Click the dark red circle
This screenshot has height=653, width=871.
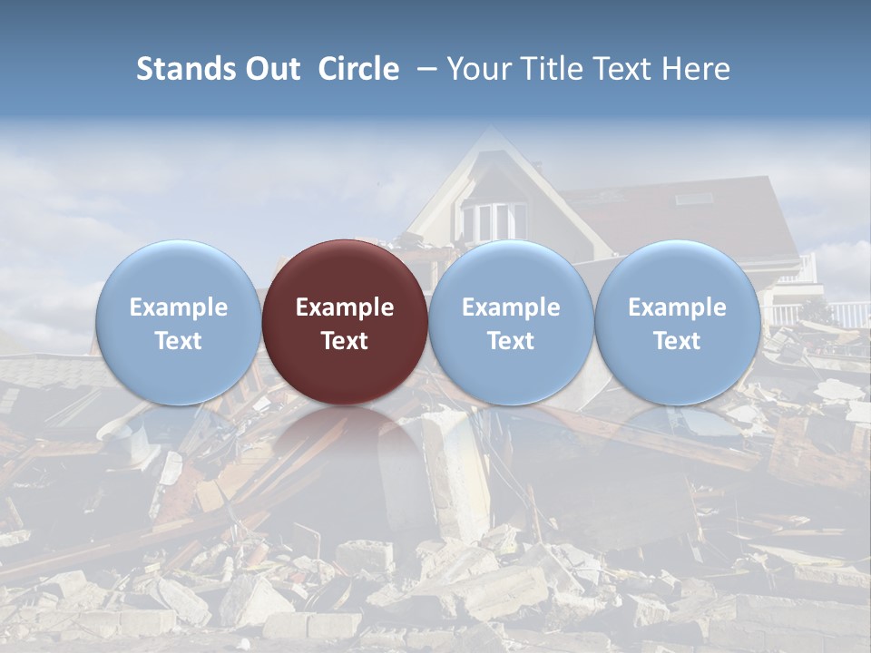[x=345, y=322]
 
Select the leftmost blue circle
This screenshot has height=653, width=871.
[x=178, y=322]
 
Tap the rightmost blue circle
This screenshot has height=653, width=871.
[x=677, y=322]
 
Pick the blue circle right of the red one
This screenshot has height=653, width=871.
[x=511, y=322]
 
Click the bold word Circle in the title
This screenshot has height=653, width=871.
[x=358, y=69]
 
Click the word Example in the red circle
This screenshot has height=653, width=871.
[x=345, y=307]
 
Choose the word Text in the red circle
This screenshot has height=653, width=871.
[x=345, y=341]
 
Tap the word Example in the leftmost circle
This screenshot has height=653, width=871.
[x=178, y=307]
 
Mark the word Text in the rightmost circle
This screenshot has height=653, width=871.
[x=677, y=341]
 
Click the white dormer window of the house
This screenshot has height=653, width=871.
[x=494, y=220]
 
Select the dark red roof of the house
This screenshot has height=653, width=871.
[x=671, y=218]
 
